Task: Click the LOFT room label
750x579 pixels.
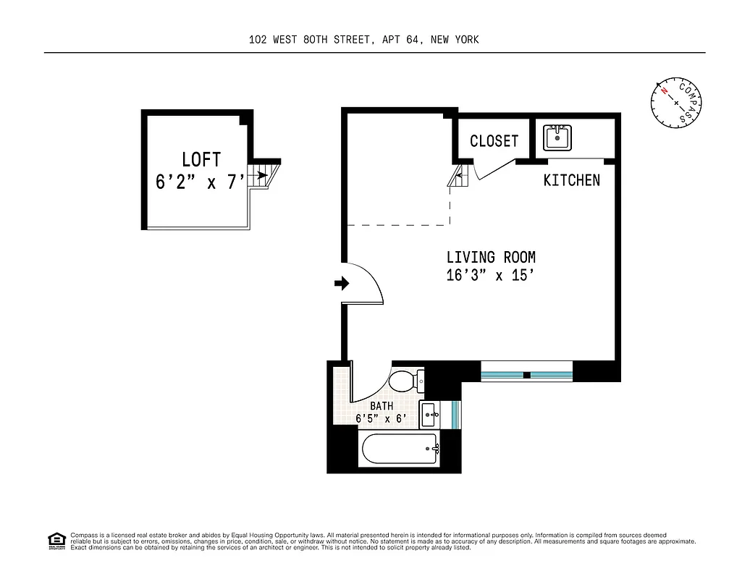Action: tap(201, 159)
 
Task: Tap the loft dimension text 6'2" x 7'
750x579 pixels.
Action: tap(201, 182)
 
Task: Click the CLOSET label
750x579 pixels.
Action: tap(494, 141)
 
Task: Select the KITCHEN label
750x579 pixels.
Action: tap(571, 180)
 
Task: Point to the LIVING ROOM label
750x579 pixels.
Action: tap(491, 257)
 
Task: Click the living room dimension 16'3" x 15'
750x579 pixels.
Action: tap(491, 276)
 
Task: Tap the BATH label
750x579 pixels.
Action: tap(382, 407)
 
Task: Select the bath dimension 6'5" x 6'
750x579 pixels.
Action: tap(381, 418)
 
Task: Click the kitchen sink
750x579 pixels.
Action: tap(557, 137)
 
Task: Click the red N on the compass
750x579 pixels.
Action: tap(663, 92)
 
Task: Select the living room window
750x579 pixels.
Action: tap(527, 375)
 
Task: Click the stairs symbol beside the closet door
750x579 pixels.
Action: tap(456, 176)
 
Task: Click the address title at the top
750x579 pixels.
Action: tap(363, 40)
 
